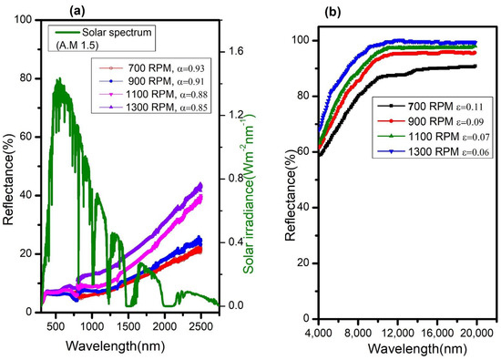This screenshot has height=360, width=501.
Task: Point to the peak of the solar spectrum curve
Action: coord(59,79)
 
